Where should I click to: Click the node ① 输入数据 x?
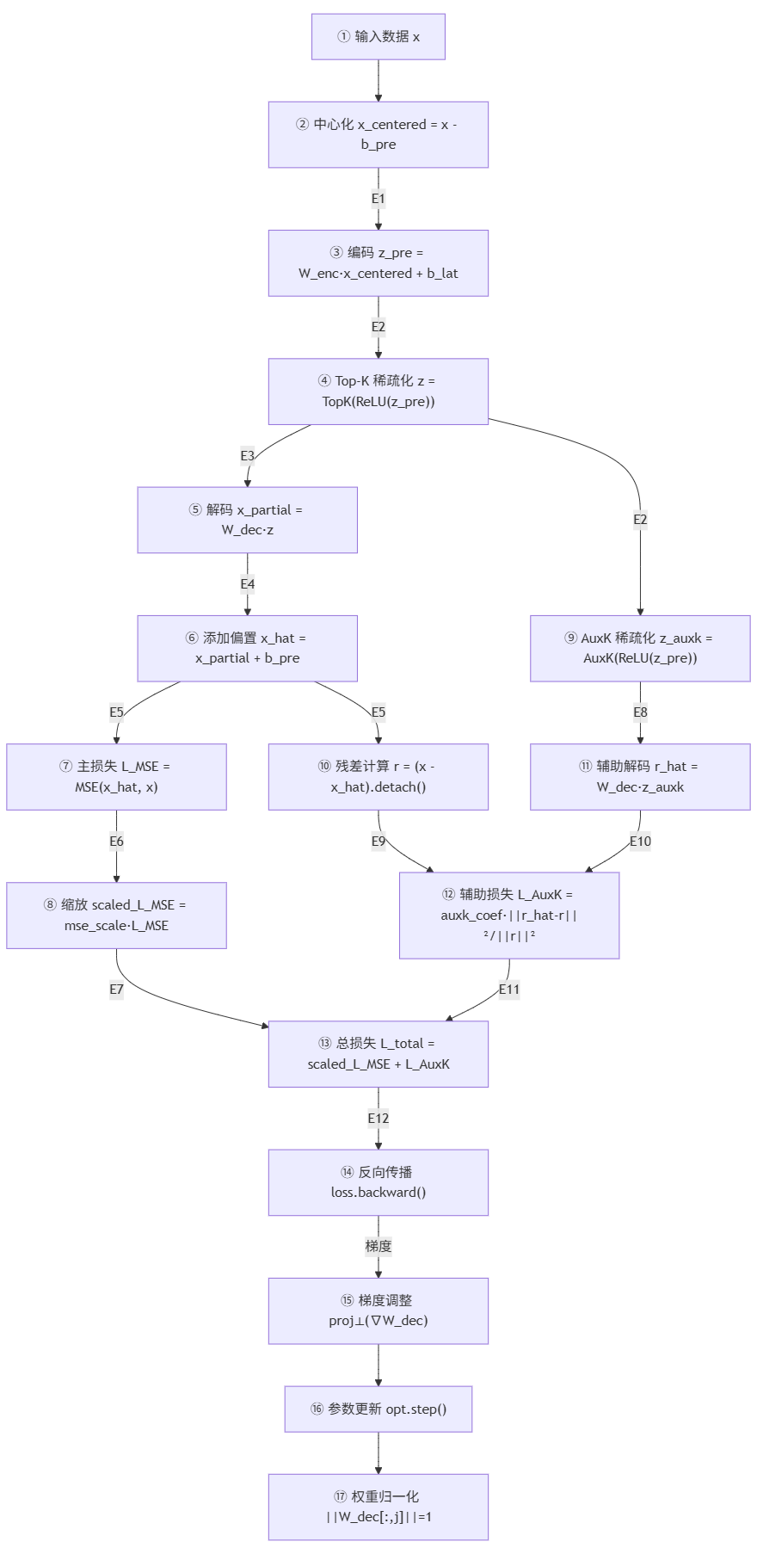coord(378,36)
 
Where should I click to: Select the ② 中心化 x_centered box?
coord(378,134)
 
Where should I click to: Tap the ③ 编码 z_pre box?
coord(378,262)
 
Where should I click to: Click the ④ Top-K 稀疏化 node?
coord(378,391)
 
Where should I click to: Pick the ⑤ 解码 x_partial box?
coord(247,520)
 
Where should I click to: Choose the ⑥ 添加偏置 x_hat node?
coord(247,648)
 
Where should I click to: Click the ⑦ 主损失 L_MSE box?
coord(116,776)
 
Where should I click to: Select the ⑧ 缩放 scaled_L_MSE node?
coord(116,915)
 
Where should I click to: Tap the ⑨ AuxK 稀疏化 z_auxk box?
coord(639,648)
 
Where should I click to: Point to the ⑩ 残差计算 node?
coord(378,776)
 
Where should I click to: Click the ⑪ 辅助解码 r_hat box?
coord(639,776)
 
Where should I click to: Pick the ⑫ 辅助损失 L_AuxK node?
coord(508,915)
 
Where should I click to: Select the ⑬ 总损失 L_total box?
coord(378,1053)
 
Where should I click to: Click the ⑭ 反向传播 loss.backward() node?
coord(378,1181)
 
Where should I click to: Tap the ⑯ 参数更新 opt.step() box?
coord(378,1409)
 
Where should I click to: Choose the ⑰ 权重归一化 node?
coord(378,1507)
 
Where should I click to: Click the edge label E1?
coord(378,199)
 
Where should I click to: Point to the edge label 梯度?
coord(378,1246)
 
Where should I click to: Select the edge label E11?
coord(509,990)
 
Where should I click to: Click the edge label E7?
coord(116,990)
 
